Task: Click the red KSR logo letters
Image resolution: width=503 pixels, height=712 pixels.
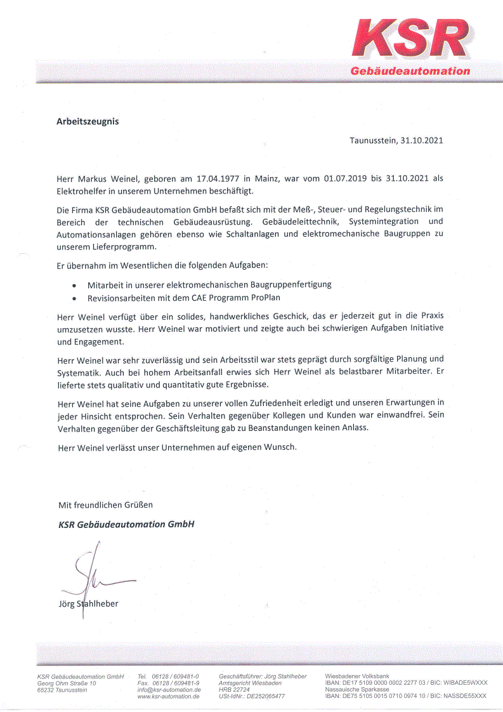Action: pos(412,39)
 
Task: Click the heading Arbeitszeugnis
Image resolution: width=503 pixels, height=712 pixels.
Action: pos(88,121)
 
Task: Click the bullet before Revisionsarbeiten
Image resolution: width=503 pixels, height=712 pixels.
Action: pos(75,298)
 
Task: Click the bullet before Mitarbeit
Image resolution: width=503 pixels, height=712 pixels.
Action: pos(75,285)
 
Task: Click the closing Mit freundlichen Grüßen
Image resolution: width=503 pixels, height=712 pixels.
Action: pos(105,504)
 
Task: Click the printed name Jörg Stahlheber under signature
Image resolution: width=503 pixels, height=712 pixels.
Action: pos(88,603)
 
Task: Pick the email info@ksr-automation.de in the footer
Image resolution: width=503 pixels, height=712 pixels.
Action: pos(169,689)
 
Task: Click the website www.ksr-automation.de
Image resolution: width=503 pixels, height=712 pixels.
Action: pos(169,696)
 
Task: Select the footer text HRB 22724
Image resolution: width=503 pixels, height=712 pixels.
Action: pos(234,689)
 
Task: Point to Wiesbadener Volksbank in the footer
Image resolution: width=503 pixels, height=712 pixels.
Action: pos(357,676)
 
